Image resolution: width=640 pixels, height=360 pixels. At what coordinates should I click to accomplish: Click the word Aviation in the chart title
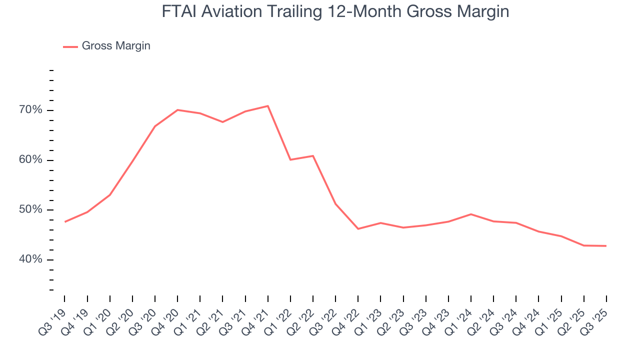click(x=237, y=11)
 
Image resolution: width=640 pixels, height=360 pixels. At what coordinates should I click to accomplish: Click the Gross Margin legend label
click(x=116, y=46)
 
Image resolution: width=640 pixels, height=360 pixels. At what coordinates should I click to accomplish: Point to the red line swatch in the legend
click(x=70, y=46)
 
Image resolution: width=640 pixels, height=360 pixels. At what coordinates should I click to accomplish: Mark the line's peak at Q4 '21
click(x=268, y=106)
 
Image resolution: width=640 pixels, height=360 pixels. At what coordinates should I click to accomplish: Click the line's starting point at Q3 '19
click(x=65, y=221)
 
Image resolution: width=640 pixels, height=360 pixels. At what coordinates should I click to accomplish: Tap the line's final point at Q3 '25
click(x=606, y=246)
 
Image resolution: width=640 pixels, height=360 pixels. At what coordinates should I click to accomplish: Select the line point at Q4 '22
click(x=358, y=228)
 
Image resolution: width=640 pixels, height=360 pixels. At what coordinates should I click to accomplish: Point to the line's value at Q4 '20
click(x=177, y=110)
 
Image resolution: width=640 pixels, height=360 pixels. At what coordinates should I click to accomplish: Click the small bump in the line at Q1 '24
click(x=471, y=214)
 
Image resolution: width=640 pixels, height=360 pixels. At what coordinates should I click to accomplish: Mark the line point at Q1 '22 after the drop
click(x=290, y=159)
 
